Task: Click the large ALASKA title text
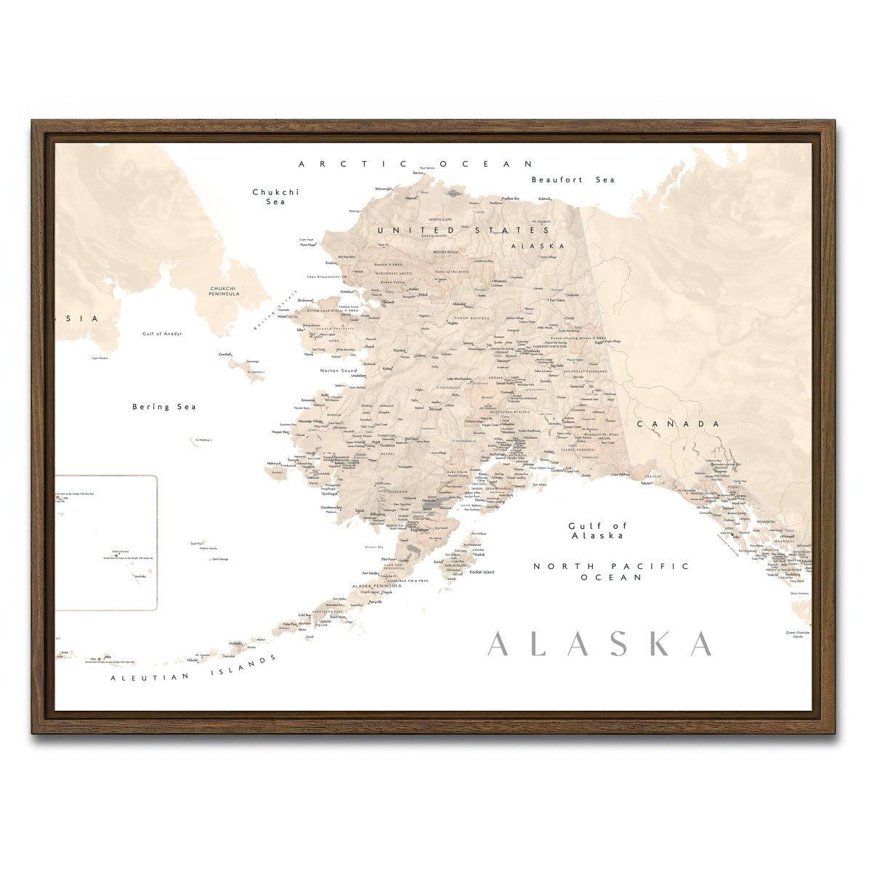[x=599, y=645]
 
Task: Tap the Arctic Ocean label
[x=416, y=164]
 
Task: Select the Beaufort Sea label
[x=573, y=179]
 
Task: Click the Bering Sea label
[x=164, y=407]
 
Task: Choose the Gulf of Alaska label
[x=597, y=530]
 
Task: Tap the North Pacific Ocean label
[x=610, y=571]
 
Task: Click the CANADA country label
[x=679, y=424]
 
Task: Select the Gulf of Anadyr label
[x=162, y=334]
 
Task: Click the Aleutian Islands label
[x=193, y=669]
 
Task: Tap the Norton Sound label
[x=339, y=371]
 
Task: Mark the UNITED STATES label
[x=463, y=230]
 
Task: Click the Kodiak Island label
[x=482, y=572]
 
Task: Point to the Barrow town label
[x=418, y=173]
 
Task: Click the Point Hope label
[x=308, y=245]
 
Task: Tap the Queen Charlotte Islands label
[x=798, y=634]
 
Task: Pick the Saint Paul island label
[x=196, y=543]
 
